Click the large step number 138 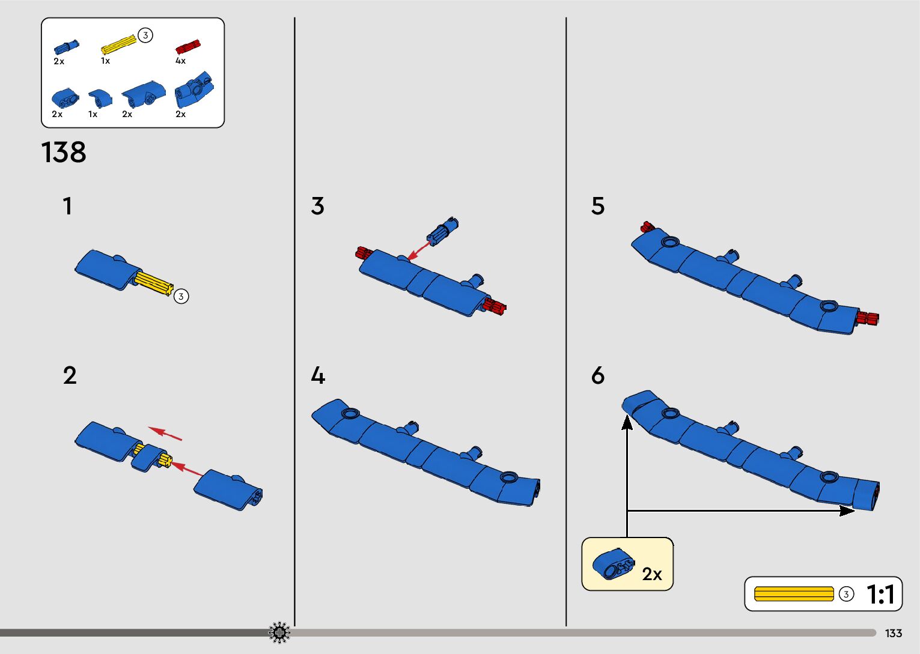click(x=64, y=153)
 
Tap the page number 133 click(x=894, y=633)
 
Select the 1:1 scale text click(x=880, y=595)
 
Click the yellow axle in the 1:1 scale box click(x=794, y=594)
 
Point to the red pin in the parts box click(x=187, y=47)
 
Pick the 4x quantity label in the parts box click(x=180, y=61)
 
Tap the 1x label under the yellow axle click(x=105, y=61)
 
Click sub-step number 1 click(x=67, y=206)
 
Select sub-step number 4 click(x=318, y=376)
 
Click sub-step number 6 click(x=597, y=376)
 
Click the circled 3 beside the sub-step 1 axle click(x=181, y=296)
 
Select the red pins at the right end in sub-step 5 click(x=868, y=318)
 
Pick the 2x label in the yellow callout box click(x=651, y=574)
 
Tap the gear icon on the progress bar click(x=279, y=632)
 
